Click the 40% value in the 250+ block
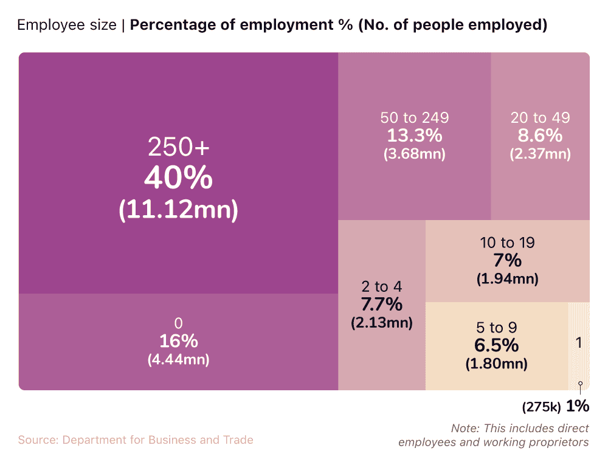pyautogui.click(x=178, y=179)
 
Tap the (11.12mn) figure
pyautogui.click(x=178, y=210)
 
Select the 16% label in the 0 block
pyautogui.click(x=178, y=341)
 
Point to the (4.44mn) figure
pyautogui.click(x=178, y=360)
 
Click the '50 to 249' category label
pyautogui.click(x=414, y=118)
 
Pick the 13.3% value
pyautogui.click(x=414, y=136)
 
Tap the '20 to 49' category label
pyautogui.click(x=540, y=118)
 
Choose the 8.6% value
pyautogui.click(x=540, y=136)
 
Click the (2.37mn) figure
pyautogui.click(x=540, y=154)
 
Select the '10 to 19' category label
pyautogui.click(x=507, y=243)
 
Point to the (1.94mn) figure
pyautogui.click(x=507, y=279)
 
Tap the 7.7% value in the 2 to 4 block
pyautogui.click(x=381, y=304)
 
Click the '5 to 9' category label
pyautogui.click(x=496, y=328)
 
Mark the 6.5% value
pyautogui.click(x=496, y=346)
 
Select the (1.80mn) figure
pyautogui.click(x=496, y=364)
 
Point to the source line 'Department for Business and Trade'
pyautogui.click(x=157, y=440)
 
